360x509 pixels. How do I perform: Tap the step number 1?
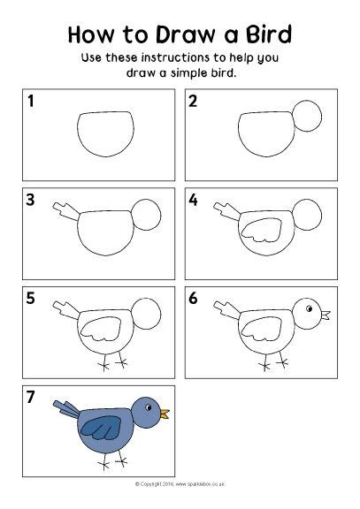pos(32,103)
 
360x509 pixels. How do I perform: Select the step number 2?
pos(194,103)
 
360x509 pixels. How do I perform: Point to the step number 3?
pos(32,201)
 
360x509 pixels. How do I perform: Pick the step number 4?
pos(194,201)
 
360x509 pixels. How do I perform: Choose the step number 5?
pos(32,299)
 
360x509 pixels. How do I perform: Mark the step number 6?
pos(194,299)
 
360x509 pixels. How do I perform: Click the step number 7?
pos(32,397)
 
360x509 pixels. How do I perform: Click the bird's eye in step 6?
pos(310,308)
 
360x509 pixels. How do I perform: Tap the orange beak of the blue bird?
pos(165,412)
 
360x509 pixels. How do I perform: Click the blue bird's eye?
pos(149,406)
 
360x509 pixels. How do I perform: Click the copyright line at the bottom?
pos(180,485)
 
